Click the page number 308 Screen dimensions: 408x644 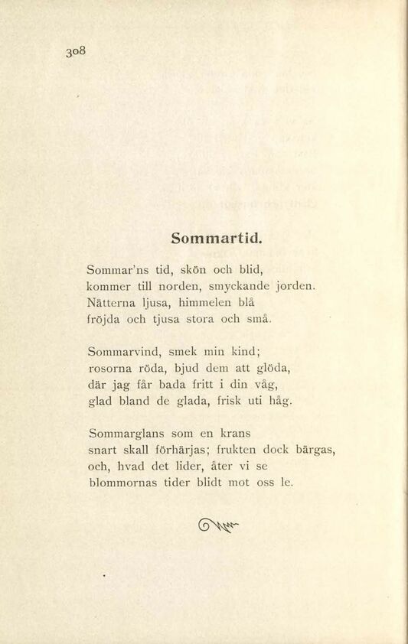pyautogui.click(x=78, y=53)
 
